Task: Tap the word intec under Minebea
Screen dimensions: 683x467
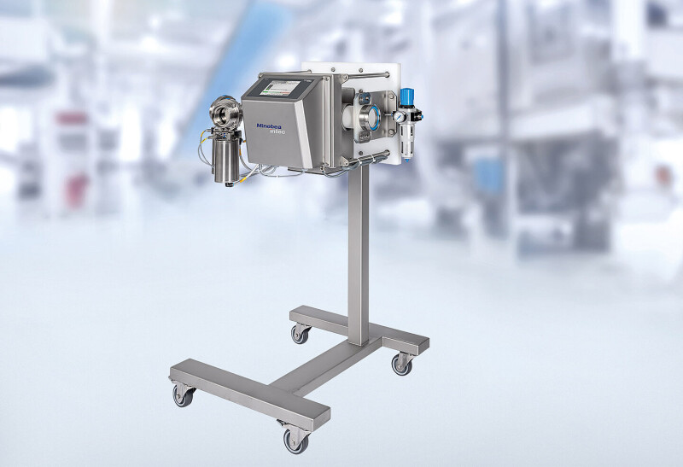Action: (277, 131)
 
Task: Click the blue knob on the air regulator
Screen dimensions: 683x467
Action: (407, 96)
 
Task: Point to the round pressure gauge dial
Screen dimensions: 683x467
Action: (399, 117)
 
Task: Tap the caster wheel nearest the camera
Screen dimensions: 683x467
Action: (296, 440)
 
